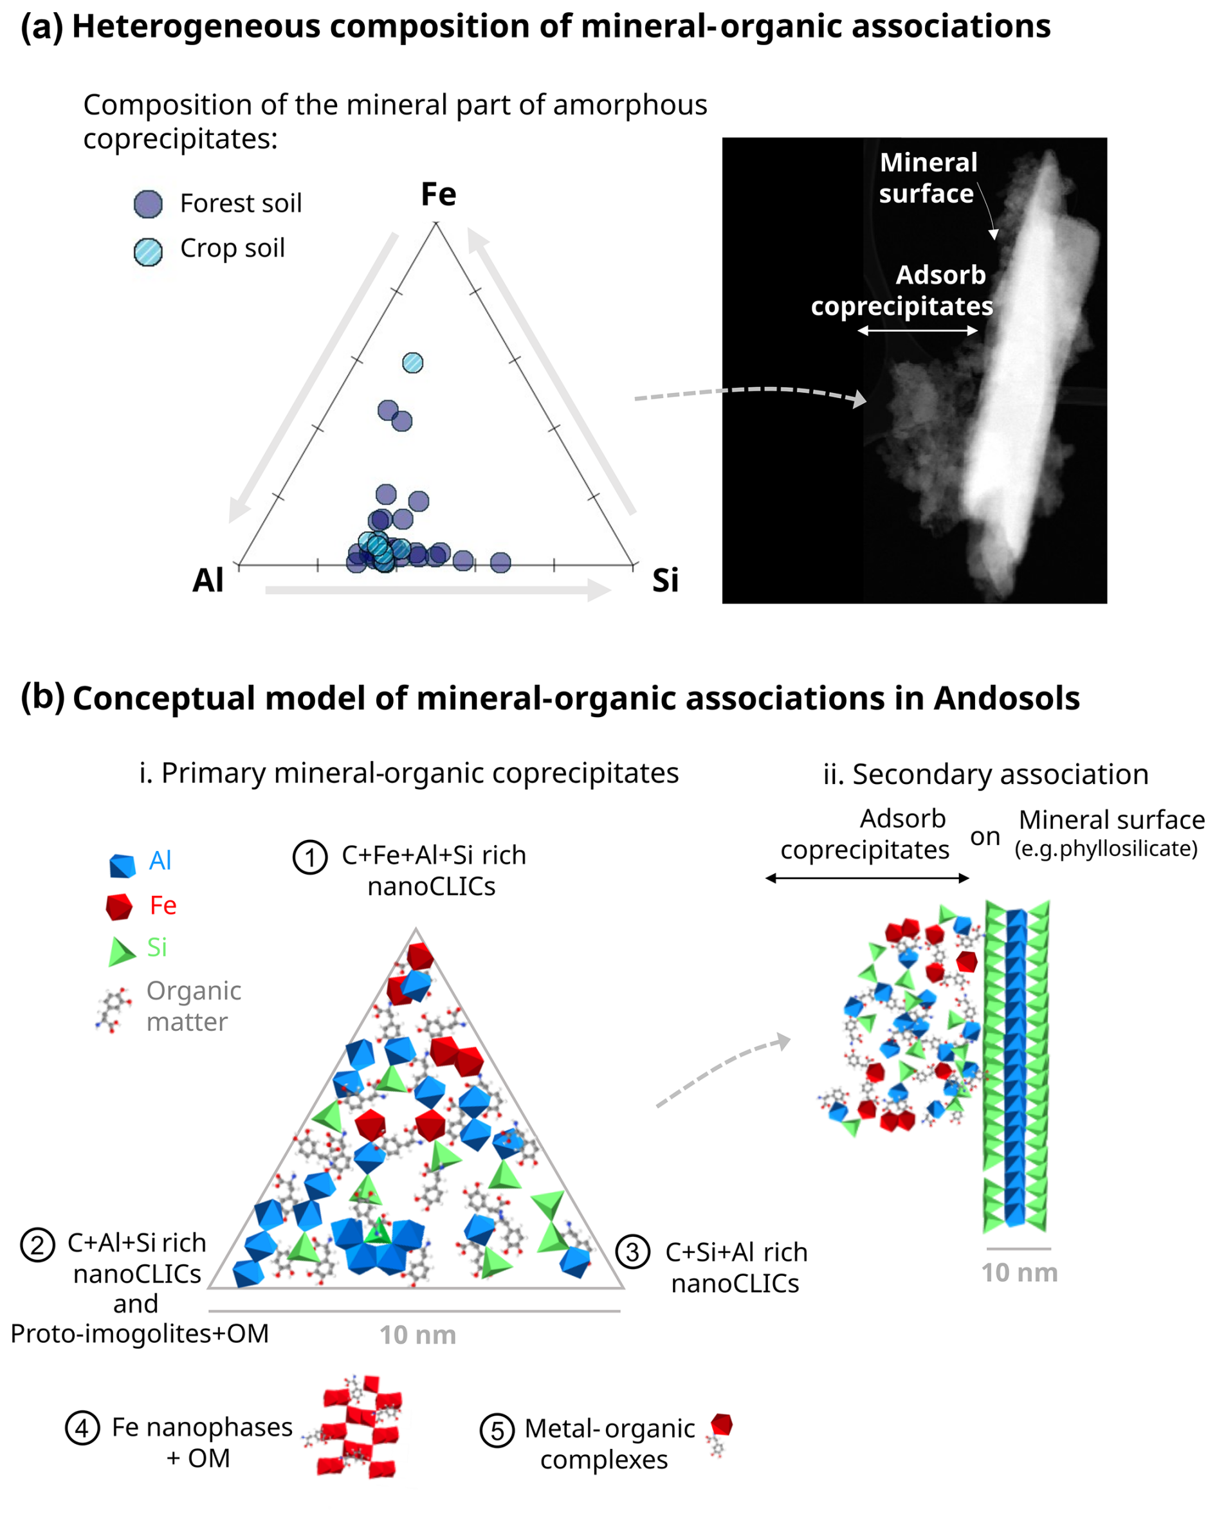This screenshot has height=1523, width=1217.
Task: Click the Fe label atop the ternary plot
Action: point(438,194)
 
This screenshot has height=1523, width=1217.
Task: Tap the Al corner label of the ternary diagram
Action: point(208,580)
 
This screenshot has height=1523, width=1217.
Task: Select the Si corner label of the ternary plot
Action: point(664,580)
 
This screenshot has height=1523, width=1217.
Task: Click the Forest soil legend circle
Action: point(149,204)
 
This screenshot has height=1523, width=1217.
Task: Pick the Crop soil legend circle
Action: point(149,251)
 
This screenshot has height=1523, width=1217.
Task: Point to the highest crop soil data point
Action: point(412,362)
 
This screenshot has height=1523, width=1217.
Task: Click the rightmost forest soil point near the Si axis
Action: point(500,562)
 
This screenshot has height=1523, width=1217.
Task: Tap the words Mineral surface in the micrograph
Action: point(928,178)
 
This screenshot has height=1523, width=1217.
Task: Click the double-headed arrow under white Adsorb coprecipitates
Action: point(917,330)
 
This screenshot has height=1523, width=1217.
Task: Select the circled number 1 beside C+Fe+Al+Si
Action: point(309,857)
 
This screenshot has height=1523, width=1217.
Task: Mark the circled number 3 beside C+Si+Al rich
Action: point(632,1252)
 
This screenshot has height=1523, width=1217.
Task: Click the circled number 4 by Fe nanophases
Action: point(82,1428)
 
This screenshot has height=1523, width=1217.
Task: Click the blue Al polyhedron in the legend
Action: point(122,864)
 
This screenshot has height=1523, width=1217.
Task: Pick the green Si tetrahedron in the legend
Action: point(121,951)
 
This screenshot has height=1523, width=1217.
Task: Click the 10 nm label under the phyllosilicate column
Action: point(1018,1272)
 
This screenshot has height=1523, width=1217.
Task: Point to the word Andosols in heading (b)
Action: point(1006,698)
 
